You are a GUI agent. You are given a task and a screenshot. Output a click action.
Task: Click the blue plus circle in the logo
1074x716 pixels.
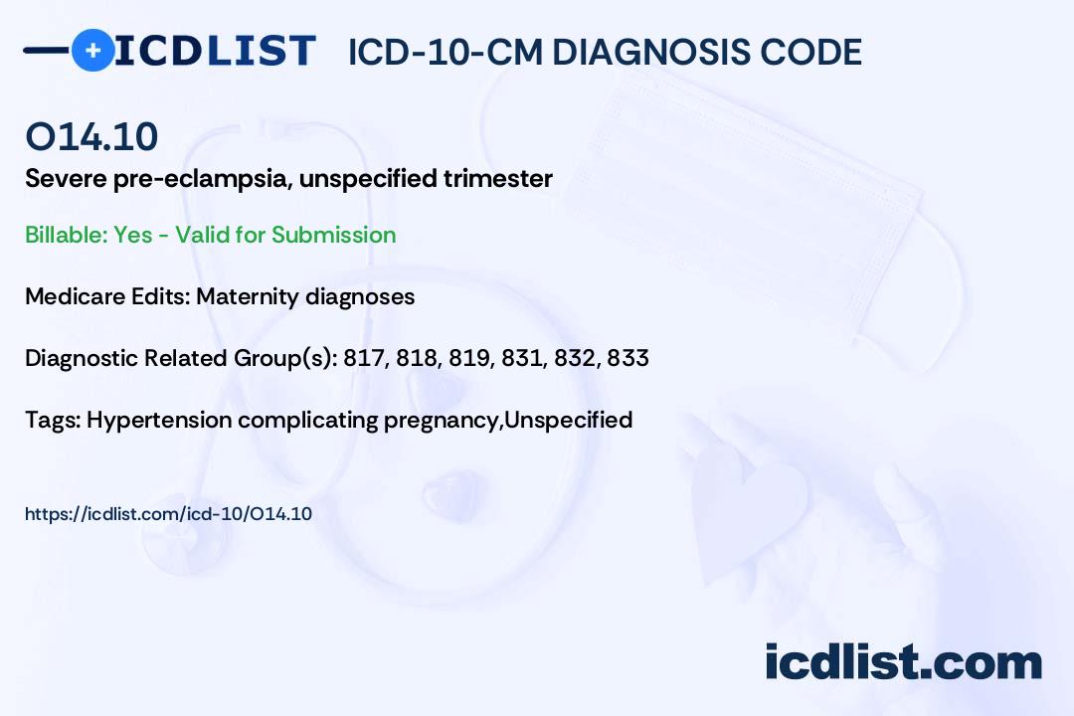[92, 51]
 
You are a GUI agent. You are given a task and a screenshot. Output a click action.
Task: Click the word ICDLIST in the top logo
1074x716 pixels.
[215, 51]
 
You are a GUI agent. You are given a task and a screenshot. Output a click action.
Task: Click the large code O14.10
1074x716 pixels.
[91, 136]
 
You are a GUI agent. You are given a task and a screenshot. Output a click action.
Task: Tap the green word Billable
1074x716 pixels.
[67, 235]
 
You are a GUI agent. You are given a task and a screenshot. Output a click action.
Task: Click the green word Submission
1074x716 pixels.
[334, 235]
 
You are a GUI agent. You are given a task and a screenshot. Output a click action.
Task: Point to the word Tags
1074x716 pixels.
[54, 420]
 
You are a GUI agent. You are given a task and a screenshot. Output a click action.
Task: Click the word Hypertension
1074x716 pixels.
[159, 421]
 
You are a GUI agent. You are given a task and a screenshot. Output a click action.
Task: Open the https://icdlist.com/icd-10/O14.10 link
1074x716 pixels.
[168, 514]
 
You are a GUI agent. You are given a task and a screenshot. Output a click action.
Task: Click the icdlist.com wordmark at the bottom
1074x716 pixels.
[903, 662]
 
